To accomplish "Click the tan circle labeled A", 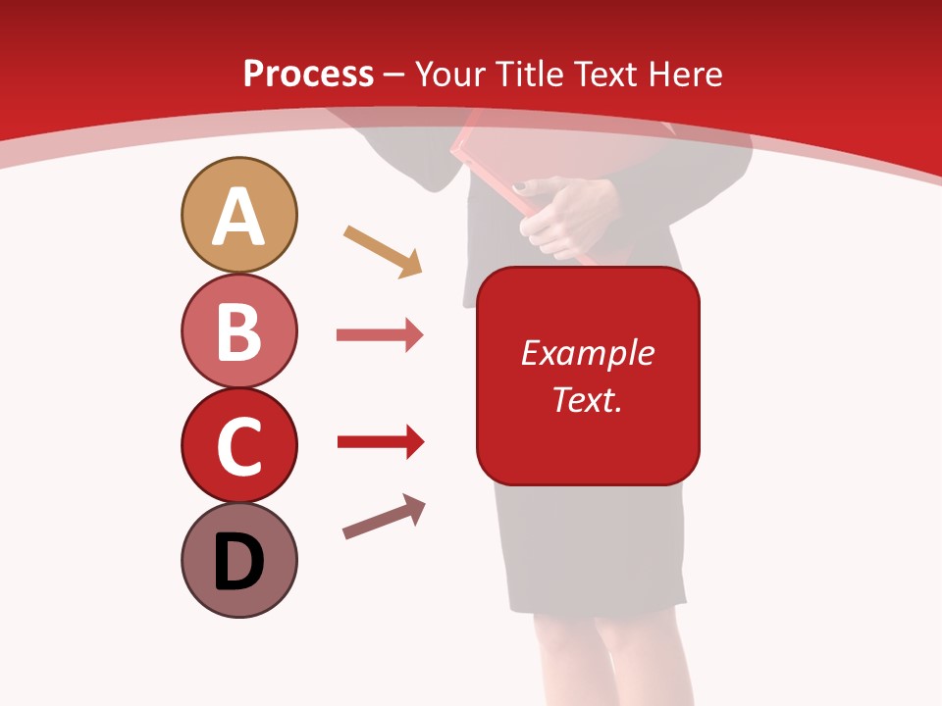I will pyautogui.click(x=238, y=215).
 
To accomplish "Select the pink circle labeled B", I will pyautogui.click(x=238, y=330).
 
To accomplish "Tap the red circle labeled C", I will pyautogui.click(x=238, y=445).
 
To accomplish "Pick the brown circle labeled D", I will pyautogui.click(x=238, y=560).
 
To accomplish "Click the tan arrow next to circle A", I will pyautogui.click(x=383, y=251).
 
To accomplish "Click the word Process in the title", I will pyautogui.click(x=308, y=75).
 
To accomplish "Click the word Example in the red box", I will pyautogui.click(x=587, y=353).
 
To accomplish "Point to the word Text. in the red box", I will pyautogui.click(x=587, y=400).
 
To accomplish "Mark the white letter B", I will pyautogui.click(x=238, y=331).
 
